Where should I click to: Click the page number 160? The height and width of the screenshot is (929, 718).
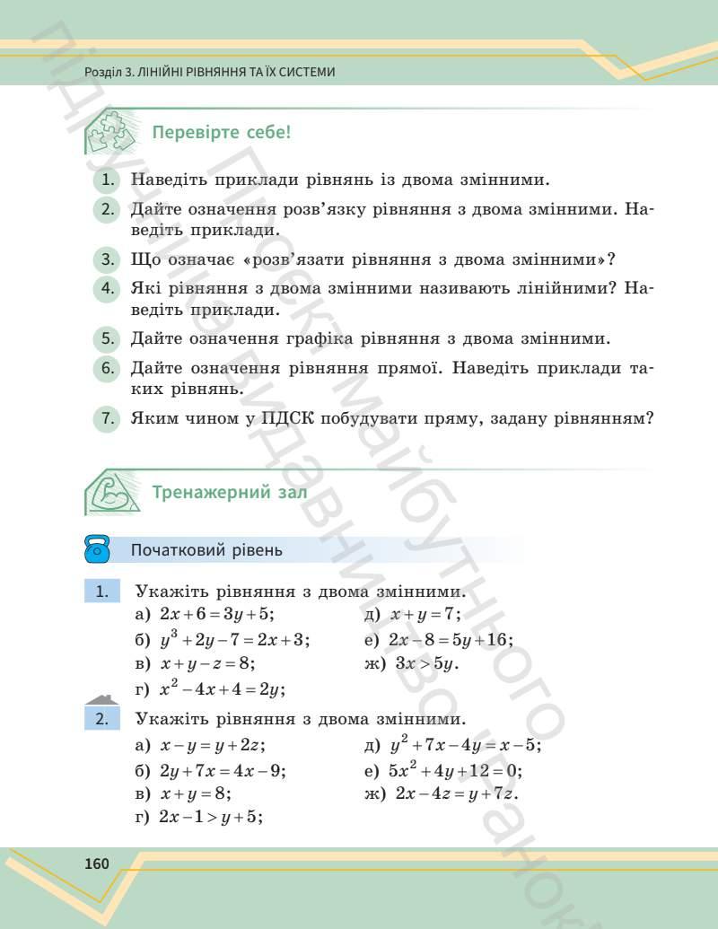point(96,863)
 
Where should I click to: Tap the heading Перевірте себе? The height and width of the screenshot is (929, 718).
point(222,134)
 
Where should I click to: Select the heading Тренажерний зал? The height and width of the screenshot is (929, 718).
point(230,492)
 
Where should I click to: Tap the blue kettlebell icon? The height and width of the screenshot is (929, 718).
point(97,550)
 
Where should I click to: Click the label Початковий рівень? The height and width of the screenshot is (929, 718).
point(206,550)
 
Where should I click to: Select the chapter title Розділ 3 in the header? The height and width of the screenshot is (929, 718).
point(209,72)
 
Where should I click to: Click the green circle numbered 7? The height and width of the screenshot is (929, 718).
point(107,418)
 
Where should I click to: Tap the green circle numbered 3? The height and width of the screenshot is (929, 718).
point(107,260)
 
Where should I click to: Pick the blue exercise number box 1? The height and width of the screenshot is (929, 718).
point(102,592)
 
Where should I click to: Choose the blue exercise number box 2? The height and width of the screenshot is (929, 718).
point(102,718)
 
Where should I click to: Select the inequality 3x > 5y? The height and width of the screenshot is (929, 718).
point(426,664)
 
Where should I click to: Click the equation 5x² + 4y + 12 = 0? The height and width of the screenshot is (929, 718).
point(455,770)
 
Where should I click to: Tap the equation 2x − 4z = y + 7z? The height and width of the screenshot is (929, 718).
point(457,793)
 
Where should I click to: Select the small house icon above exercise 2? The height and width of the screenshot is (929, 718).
point(101,700)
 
